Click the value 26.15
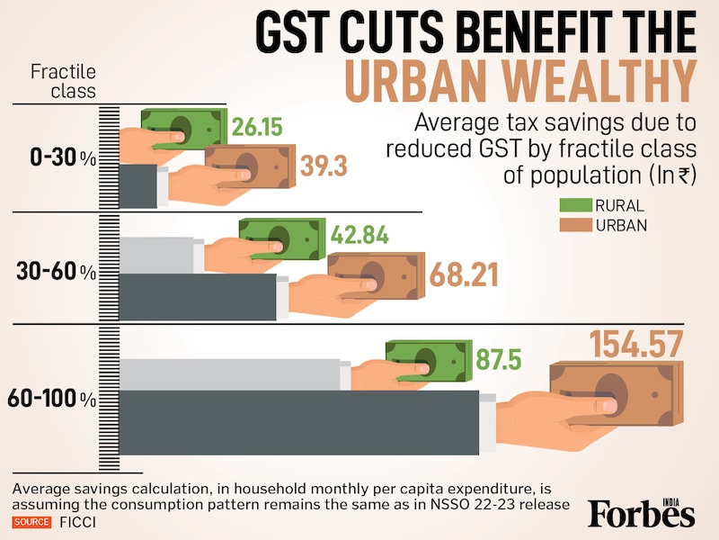point(256,128)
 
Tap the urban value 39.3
point(324,166)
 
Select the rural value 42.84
point(359,236)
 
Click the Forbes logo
point(641,513)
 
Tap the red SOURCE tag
point(32,521)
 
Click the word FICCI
point(78,521)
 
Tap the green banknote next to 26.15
point(184,128)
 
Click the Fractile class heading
point(64,80)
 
